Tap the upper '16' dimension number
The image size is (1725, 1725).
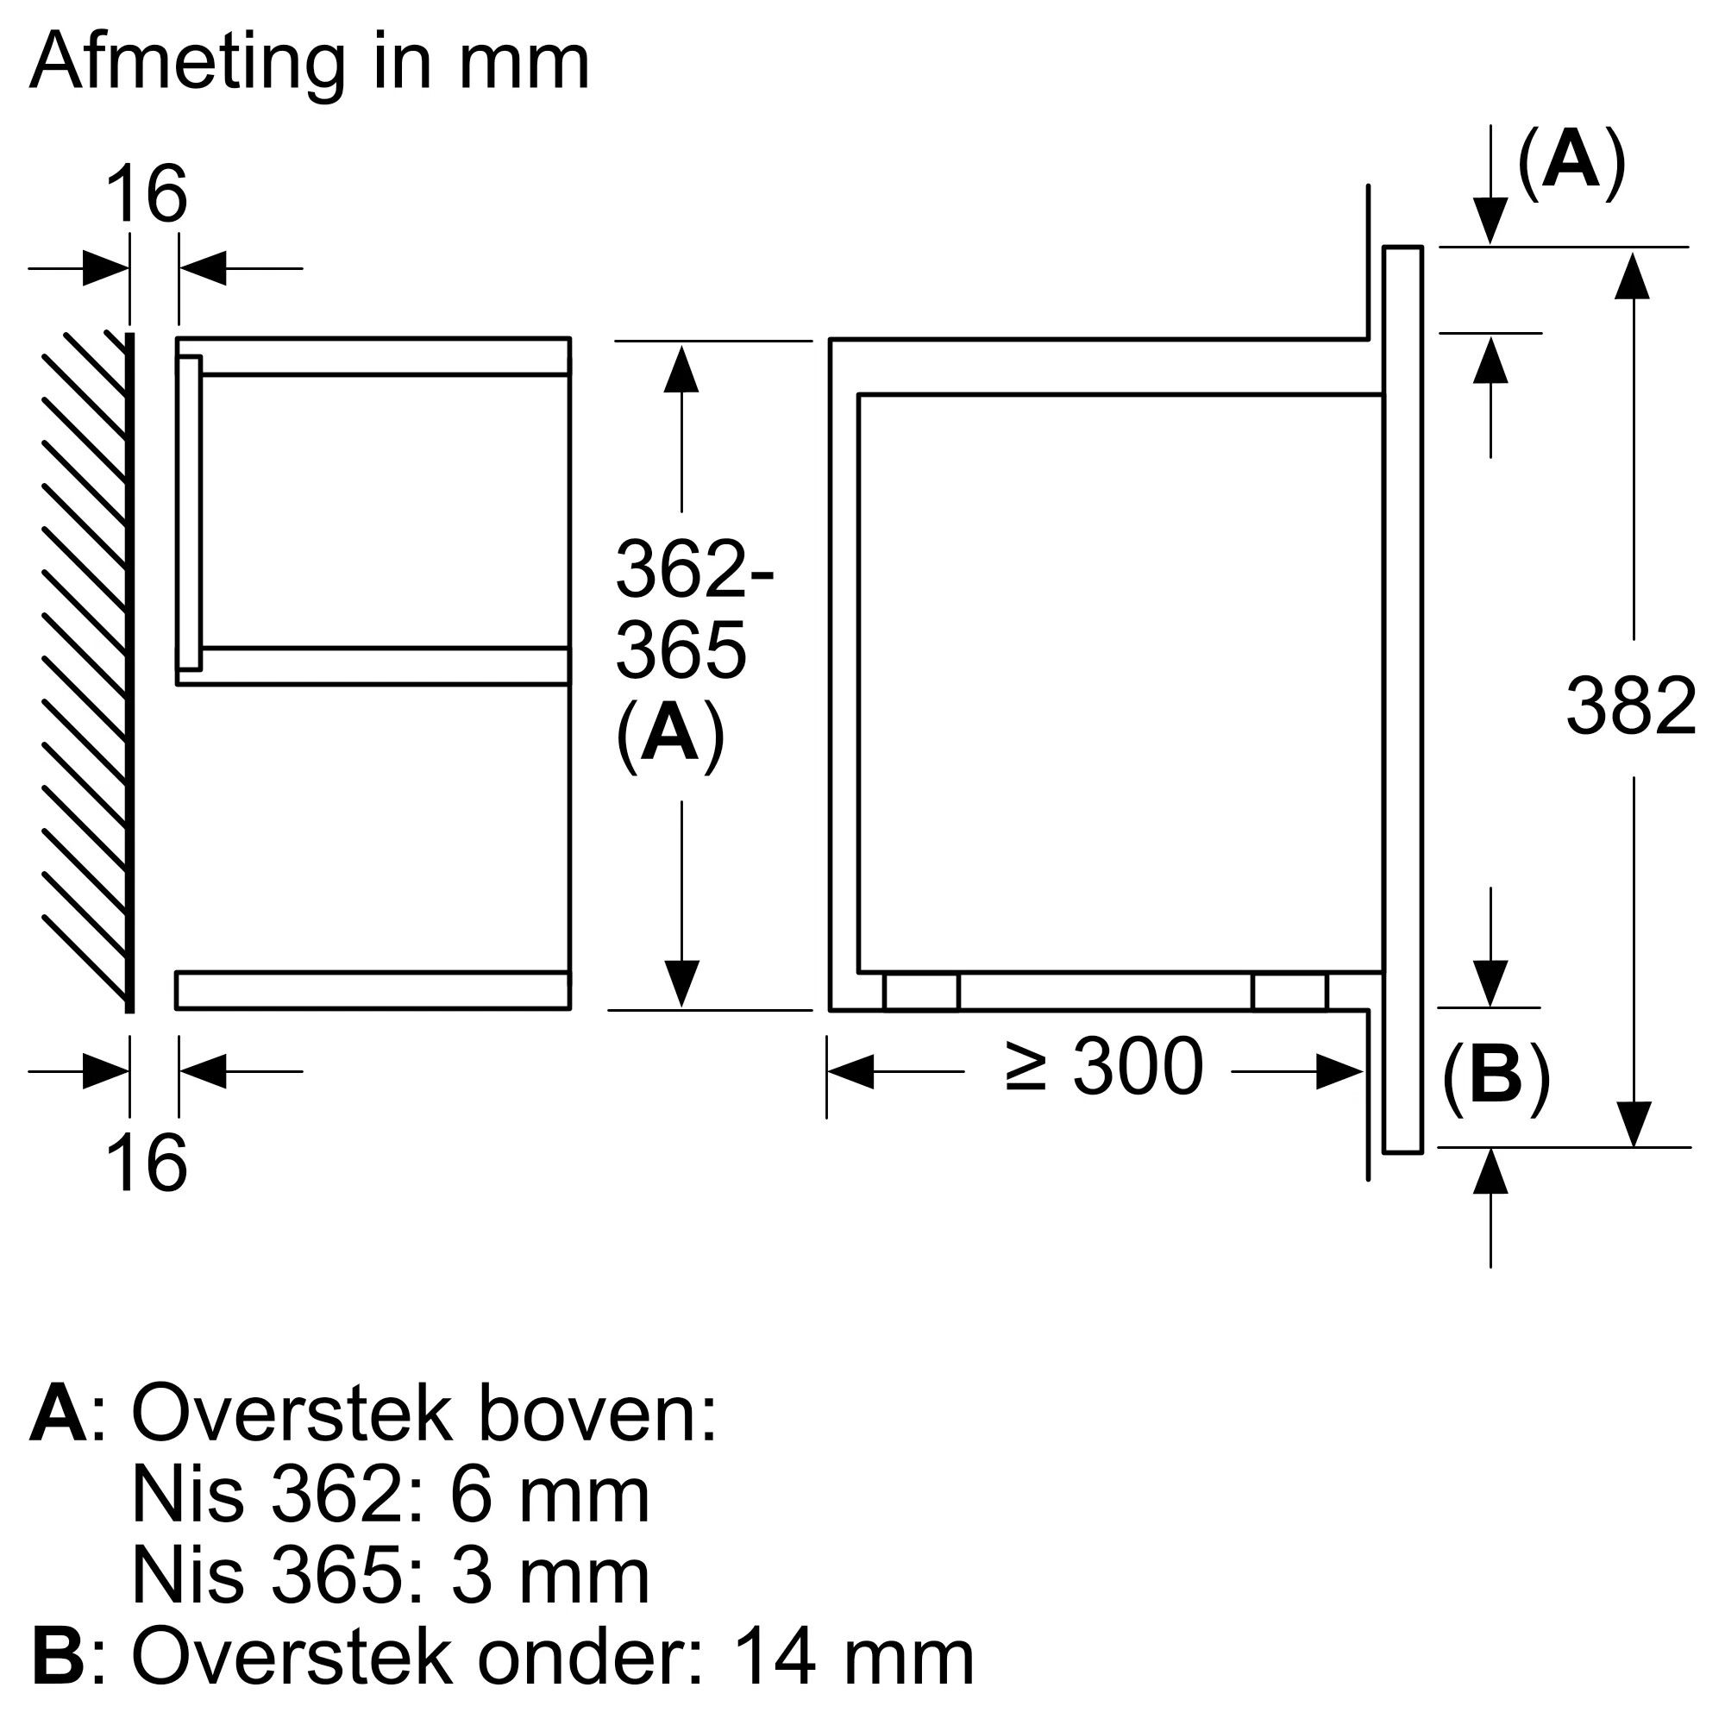click(x=147, y=194)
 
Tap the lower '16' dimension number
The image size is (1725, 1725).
click(x=147, y=1163)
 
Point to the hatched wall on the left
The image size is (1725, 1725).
click(x=85, y=669)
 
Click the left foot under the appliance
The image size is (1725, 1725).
click(x=920, y=992)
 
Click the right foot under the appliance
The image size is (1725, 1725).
click(x=1289, y=992)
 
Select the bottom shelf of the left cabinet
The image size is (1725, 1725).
click(x=373, y=990)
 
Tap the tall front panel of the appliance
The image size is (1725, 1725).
click(x=1402, y=696)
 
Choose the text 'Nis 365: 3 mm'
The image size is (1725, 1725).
click(x=390, y=1576)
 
